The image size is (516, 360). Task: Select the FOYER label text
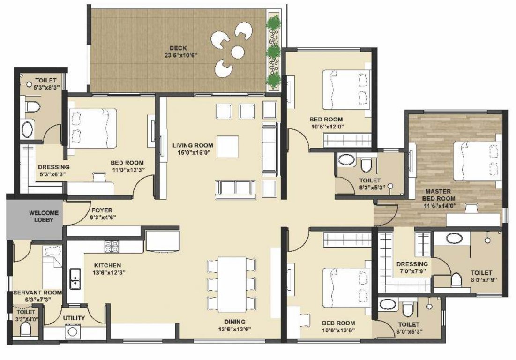click(102, 210)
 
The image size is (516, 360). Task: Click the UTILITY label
click(74, 318)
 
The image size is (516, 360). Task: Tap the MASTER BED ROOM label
click(438, 191)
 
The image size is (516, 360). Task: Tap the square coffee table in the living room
click(227, 147)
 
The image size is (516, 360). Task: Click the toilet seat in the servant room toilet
click(26, 330)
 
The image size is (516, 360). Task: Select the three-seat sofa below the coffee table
click(235, 187)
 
